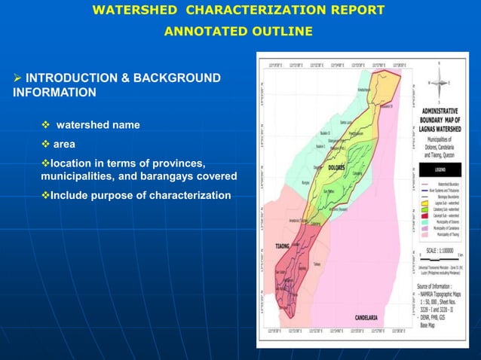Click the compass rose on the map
click(439, 82)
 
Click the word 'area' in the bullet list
click(64, 143)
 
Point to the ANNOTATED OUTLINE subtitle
click(237, 31)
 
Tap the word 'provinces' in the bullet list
click(180, 163)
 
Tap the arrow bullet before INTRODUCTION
click(17, 78)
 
